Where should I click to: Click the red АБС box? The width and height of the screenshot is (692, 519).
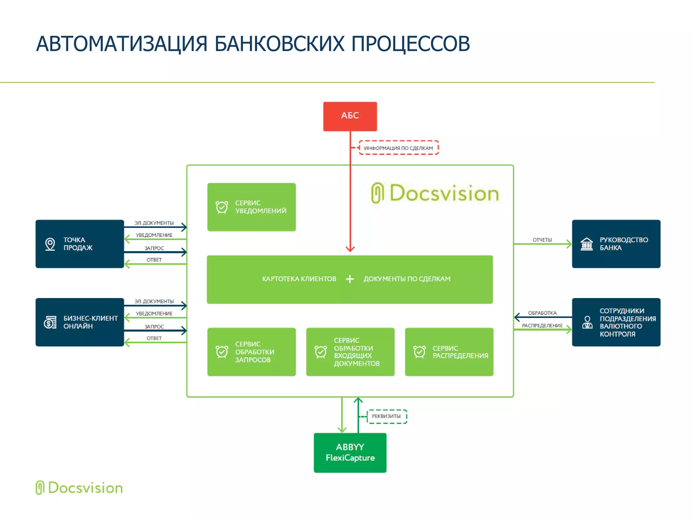tap(350, 116)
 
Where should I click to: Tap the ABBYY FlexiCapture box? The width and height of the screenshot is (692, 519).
tap(350, 452)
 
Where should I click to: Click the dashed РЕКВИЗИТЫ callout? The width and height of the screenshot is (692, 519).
tap(386, 416)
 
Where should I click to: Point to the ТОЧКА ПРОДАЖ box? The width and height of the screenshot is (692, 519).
tap(79, 244)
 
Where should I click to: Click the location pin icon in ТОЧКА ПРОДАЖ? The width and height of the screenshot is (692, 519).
tap(50, 244)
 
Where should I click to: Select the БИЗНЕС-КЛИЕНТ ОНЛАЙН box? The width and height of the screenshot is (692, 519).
tap(79, 322)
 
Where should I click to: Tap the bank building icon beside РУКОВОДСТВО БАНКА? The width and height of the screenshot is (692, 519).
tap(587, 244)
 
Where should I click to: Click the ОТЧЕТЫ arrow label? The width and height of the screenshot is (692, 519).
tap(542, 240)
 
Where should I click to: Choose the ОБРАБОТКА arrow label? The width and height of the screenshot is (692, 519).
tap(542, 313)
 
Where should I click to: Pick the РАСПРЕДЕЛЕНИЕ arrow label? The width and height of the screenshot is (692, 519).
tap(542, 325)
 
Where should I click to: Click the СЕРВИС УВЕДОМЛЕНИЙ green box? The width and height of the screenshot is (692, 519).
tap(251, 207)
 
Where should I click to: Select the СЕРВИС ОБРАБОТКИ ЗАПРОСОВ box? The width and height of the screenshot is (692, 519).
tap(251, 351)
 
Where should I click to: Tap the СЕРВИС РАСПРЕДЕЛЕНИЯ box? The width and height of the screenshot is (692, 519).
tap(449, 351)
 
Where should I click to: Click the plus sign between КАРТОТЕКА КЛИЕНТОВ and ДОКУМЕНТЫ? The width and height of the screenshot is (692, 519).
tap(350, 279)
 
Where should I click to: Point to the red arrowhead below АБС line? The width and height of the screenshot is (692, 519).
tap(350, 249)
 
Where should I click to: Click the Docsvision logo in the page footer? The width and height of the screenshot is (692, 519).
tap(79, 488)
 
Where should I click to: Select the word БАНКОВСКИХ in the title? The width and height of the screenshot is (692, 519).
tap(279, 44)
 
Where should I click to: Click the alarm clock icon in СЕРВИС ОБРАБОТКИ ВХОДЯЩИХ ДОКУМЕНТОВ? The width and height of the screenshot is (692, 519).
tap(320, 352)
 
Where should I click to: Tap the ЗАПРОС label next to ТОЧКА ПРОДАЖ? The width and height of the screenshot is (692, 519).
tap(154, 248)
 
